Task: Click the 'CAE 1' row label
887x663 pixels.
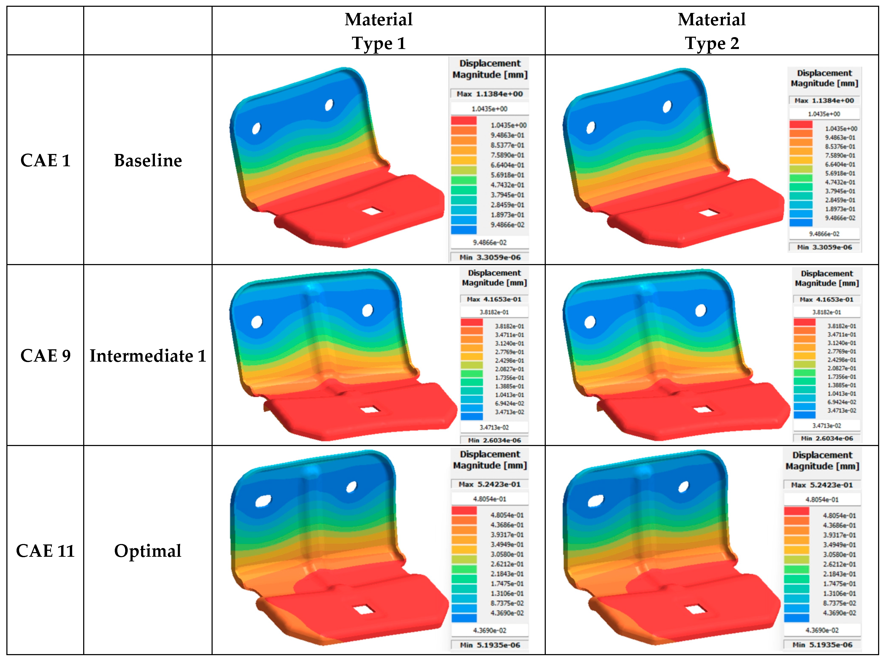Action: pyautogui.click(x=45, y=160)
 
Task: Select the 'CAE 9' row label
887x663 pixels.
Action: pyautogui.click(x=45, y=355)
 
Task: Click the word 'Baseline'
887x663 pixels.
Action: pyautogui.click(x=147, y=160)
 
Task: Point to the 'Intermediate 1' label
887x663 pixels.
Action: pyautogui.click(x=147, y=355)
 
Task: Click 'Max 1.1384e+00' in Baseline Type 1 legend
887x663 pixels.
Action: pyautogui.click(x=490, y=94)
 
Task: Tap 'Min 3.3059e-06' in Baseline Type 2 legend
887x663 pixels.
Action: pyautogui.click(x=824, y=247)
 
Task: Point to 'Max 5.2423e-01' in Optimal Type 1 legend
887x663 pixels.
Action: pyautogui.click(x=490, y=484)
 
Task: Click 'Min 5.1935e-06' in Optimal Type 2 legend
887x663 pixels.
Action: pyautogui.click(x=822, y=645)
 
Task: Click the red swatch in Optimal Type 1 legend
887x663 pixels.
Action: pyautogui.click(x=464, y=510)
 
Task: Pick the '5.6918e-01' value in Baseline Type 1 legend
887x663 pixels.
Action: pyautogui.click(x=507, y=175)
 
